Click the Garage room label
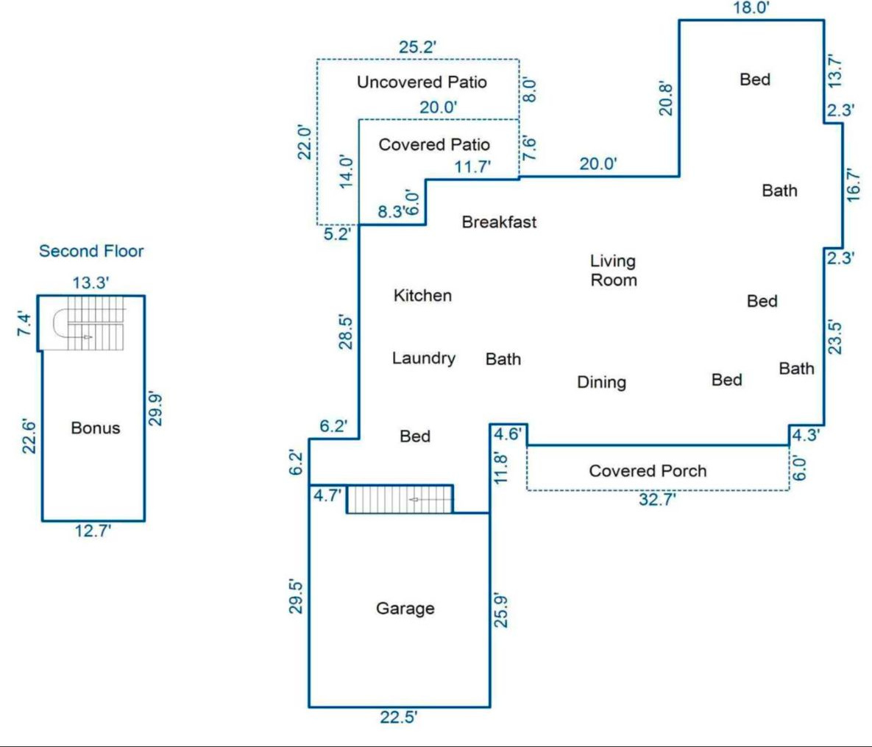(x=405, y=609)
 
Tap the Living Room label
(x=613, y=270)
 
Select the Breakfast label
(x=499, y=222)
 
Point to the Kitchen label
(x=422, y=295)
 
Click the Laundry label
(x=423, y=358)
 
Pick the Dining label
(x=601, y=382)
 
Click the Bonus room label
(x=95, y=428)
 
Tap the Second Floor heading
(x=91, y=251)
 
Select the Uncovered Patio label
(x=422, y=82)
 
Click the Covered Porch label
(x=648, y=471)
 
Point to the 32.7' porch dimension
(x=656, y=500)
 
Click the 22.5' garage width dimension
(x=399, y=717)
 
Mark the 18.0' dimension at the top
(x=751, y=8)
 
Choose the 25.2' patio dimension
(x=418, y=48)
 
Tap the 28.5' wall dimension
(x=346, y=331)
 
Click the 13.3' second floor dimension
(x=91, y=283)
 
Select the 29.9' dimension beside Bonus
(x=155, y=408)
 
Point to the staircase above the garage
(x=400, y=499)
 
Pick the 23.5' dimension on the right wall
(x=834, y=336)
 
